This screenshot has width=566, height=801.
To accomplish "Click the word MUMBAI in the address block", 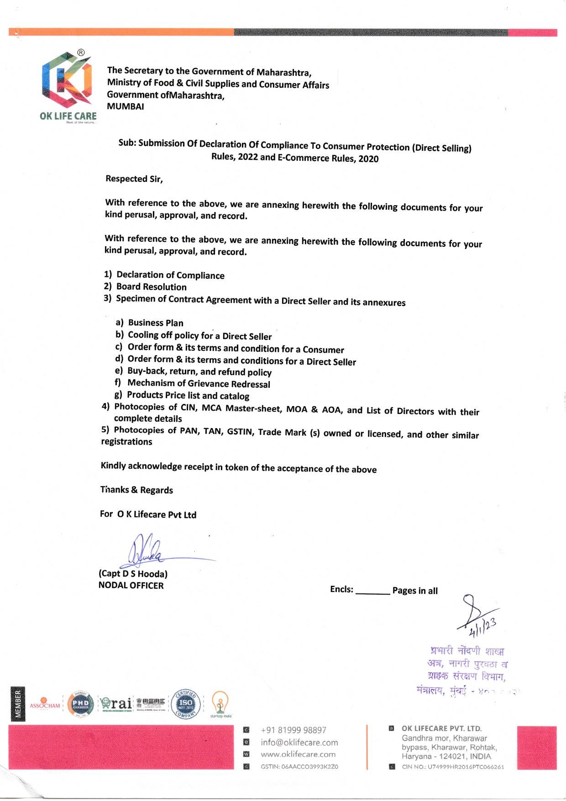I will point(126,106).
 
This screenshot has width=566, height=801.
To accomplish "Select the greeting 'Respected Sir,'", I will point(134,179).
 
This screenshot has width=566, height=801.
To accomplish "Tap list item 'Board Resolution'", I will point(151,287).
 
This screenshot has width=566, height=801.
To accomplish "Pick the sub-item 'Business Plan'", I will point(155,323).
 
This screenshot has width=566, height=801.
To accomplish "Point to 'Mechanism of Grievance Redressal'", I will point(199,384).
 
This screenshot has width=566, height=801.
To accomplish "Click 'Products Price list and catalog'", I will point(188,396).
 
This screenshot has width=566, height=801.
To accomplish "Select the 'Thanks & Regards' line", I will point(136,490).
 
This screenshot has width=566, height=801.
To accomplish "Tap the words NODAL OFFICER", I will point(131,585).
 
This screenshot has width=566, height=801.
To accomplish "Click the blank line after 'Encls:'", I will point(372,590).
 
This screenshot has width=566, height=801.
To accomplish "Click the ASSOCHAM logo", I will point(45,704).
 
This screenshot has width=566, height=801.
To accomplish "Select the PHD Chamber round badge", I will point(80,704).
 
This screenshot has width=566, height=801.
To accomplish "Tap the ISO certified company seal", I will point(185,704).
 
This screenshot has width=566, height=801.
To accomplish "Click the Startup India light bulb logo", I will point(220,704).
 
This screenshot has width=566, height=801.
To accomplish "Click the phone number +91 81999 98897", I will point(293,730).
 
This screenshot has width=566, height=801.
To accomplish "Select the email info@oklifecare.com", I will point(299,743).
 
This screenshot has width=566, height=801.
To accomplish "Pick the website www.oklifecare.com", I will point(298,754).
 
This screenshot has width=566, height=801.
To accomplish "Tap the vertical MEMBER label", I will point(18,704).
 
